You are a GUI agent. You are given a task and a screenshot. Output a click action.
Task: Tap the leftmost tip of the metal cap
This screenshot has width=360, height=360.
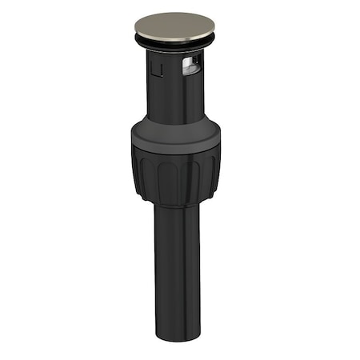134,26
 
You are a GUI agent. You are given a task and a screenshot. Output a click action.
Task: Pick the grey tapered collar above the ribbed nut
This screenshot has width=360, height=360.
174,132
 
